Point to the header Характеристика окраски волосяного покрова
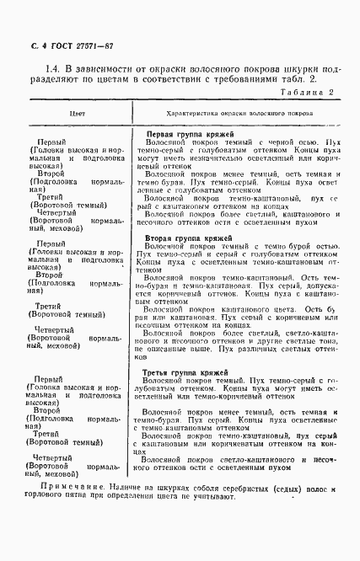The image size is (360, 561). pos(228,111)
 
